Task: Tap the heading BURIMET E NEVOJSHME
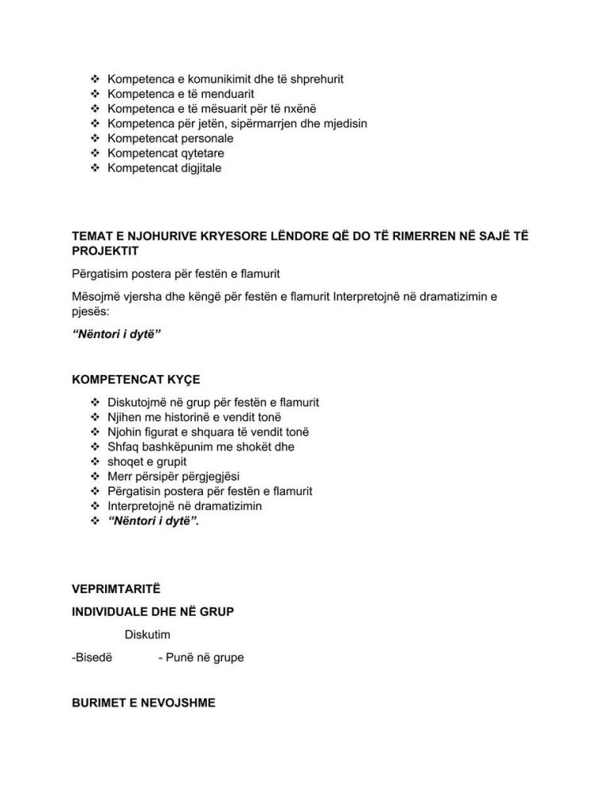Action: pyautogui.click(x=143, y=703)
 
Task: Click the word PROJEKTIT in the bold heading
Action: pyautogui.click(x=105, y=252)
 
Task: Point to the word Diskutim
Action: pyautogui.click(x=147, y=634)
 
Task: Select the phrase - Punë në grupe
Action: pyautogui.click(x=201, y=657)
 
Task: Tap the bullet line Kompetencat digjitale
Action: pyautogui.click(x=164, y=168)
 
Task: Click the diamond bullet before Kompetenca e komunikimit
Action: pyautogui.click(x=94, y=80)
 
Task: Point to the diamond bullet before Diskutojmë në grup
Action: pyautogui.click(x=94, y=402)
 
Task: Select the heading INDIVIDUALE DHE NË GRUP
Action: pyautogui.click(x=153, y=611)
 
